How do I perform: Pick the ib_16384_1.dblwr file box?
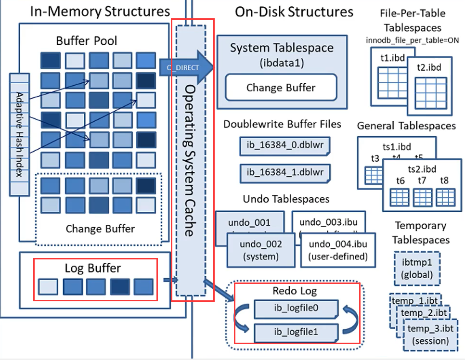tap(285, 172)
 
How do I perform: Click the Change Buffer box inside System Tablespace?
tap(281, 88)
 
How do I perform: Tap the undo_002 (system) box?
tap(260, 249)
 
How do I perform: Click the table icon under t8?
tap(445, 196)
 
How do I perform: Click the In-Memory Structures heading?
tap(100, 11)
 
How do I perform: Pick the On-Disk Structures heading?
tap(294, 12)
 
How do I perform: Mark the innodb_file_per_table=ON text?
tap(413, 40)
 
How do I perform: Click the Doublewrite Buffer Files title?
tap(282, 124)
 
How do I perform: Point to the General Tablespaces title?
tap(406, 126)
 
